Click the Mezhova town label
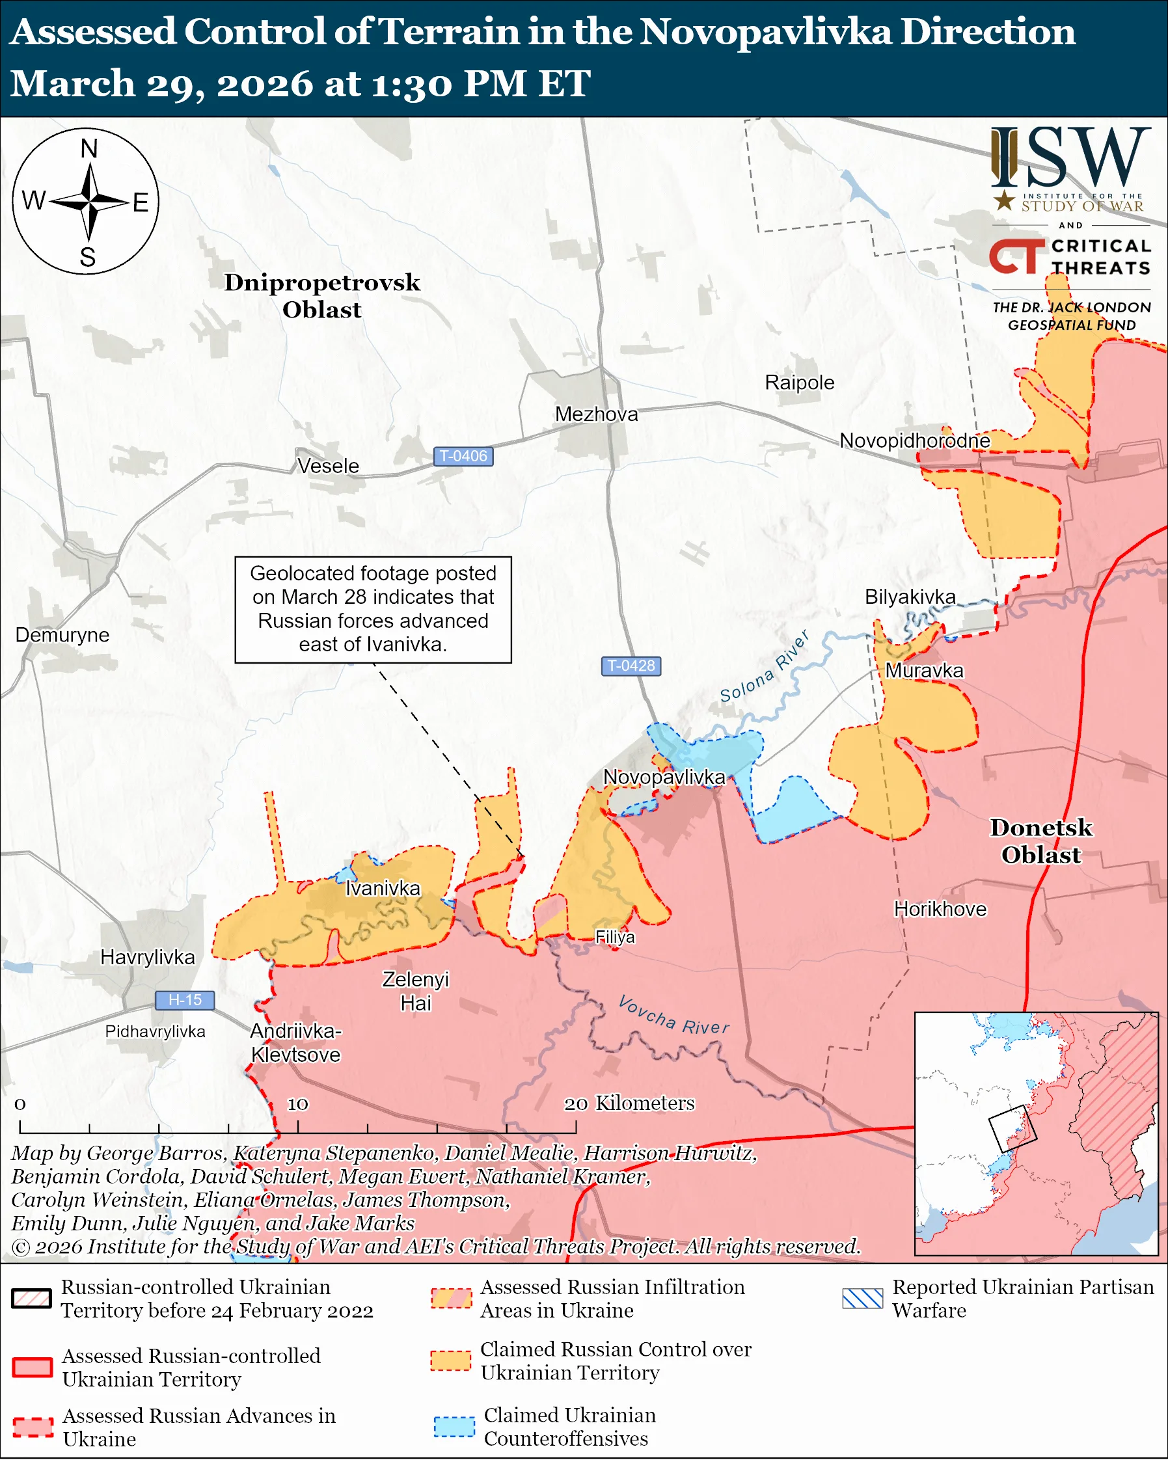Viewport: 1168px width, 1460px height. tap(597, 414)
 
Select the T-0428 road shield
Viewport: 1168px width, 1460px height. tap(631, 666)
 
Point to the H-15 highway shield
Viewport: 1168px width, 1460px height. tap(185, 999)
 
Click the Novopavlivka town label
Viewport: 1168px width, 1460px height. tap(664, 777)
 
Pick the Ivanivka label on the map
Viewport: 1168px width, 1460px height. tap(383, 888)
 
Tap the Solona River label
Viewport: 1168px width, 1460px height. tap(764, 667)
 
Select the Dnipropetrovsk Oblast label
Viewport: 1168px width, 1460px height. tap(322, 295)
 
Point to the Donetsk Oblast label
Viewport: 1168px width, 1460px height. tap(1041, 841)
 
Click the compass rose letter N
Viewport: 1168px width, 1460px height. tap(88, 148)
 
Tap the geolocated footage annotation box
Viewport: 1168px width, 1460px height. tap(373, 609)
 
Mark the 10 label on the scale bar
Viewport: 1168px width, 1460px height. tap(298, 1104)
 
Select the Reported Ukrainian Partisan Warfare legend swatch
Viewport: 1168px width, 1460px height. tap(863, 1298)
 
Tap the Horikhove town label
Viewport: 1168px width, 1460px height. tap(940, 909)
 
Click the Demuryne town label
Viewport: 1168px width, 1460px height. tap(62, 634)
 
